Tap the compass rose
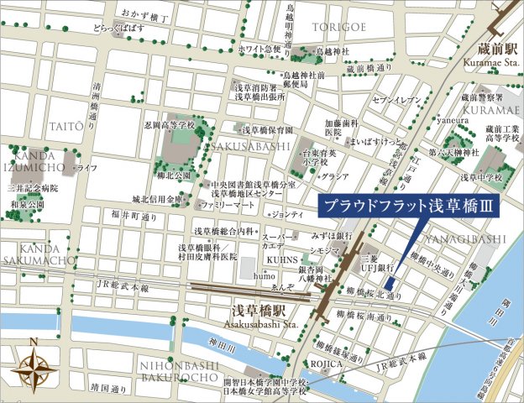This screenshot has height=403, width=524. click(34, 366)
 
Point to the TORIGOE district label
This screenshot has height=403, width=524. click(339, 28)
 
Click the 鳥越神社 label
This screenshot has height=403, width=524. click(331, 51)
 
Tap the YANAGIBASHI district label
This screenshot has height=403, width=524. click(470, 239)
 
